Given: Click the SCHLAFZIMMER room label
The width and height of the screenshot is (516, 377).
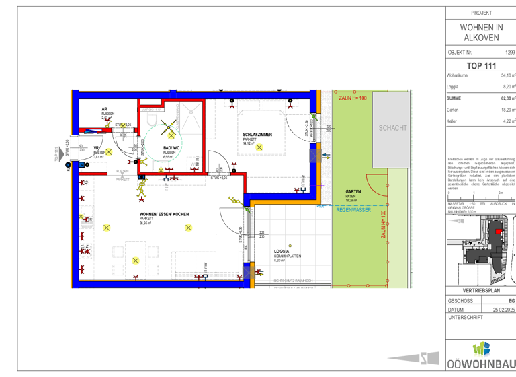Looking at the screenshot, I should [257, 135].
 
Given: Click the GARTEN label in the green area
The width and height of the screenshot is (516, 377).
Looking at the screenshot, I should [354, 192].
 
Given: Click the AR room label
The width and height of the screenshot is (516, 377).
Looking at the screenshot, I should [105, 109].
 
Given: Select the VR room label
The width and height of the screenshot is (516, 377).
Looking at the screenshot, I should [97, 149].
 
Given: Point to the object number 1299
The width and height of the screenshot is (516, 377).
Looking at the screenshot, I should [509, 52].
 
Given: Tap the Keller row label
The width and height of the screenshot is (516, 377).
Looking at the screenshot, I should [453, 121].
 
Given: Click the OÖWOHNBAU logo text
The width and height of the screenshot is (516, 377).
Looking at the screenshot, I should [481, 364].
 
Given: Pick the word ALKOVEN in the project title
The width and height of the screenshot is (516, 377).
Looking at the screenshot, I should [480, 38].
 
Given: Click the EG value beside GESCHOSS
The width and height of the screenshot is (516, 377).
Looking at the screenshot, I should [511, 301].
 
